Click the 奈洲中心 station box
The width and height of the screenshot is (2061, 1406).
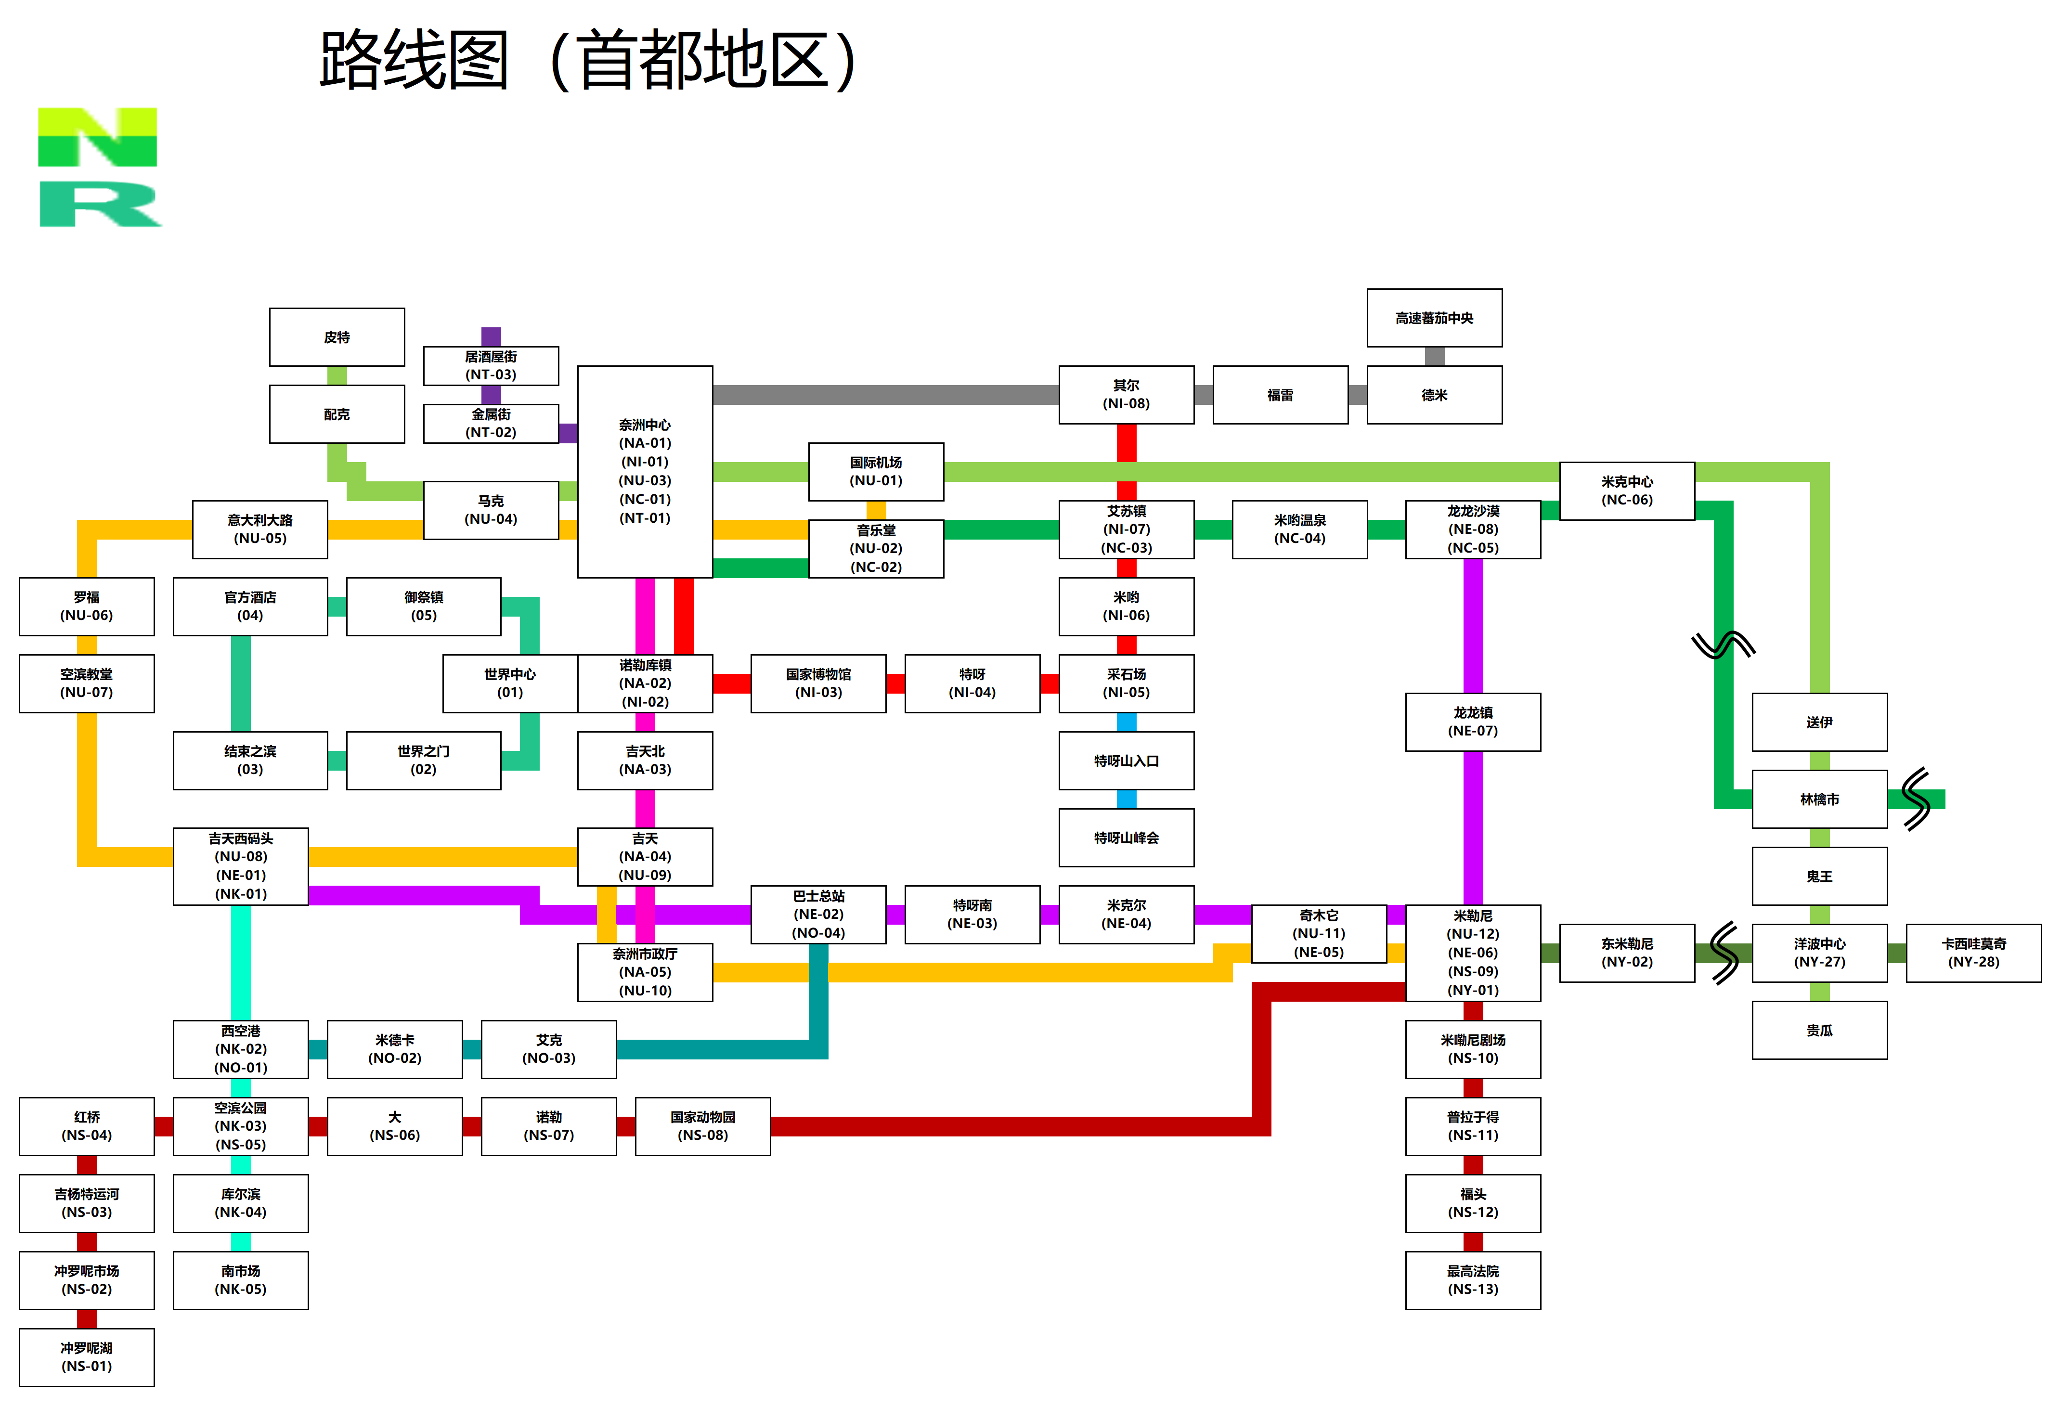click(645, 472)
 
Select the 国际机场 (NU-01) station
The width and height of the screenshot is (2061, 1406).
click(876, 472)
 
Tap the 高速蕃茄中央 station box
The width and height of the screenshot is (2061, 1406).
click(1434, 317)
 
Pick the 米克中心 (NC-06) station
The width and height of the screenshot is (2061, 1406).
click(1627, 490)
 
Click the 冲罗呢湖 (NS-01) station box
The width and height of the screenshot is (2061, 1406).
click(87, 1357)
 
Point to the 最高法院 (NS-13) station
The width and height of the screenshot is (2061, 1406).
click(1473, 1280)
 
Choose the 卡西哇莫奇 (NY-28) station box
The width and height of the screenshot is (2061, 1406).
click(1974, 953)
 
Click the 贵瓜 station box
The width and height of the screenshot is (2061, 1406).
click(1820, 1030)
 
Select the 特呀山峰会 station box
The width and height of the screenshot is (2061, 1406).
click(1126, 838)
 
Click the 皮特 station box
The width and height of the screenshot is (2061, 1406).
click(337, 337)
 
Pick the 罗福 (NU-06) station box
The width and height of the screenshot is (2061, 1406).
click(87, 606)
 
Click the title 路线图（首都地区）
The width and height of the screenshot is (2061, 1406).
click(588, 60)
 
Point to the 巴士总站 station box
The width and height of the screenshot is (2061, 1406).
click(818, 914)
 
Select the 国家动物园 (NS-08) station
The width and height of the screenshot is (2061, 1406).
click(702, 1126)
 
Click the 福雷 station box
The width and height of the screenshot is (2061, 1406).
click(1281, 395)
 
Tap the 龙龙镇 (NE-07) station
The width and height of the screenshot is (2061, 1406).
click(1473, 722)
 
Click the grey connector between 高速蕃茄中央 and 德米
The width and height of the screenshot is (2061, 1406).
click(1435, 356)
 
